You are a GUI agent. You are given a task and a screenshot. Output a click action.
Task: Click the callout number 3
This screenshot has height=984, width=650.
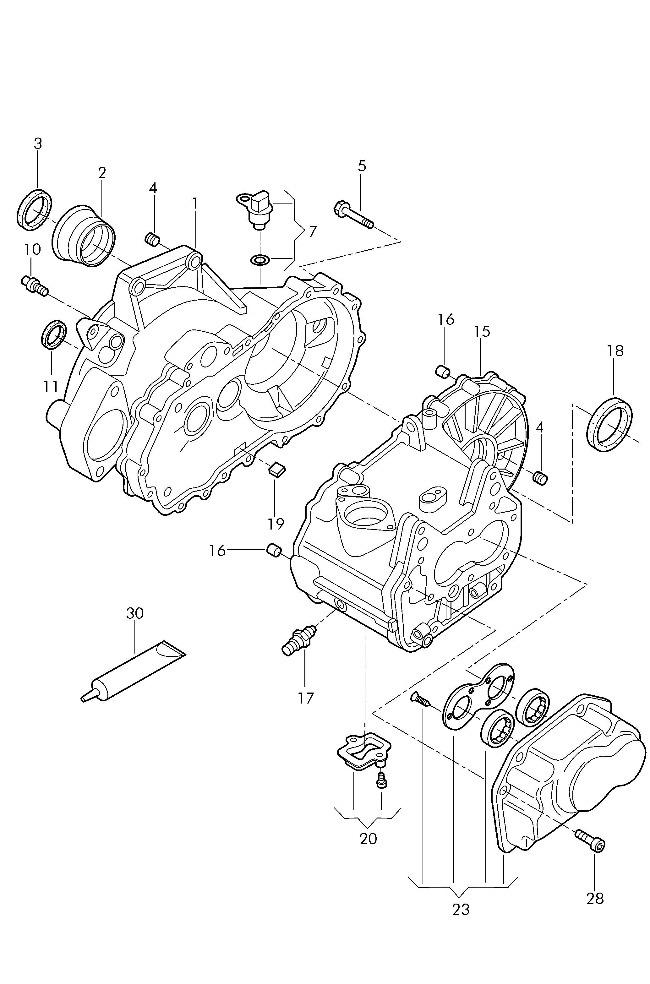38,144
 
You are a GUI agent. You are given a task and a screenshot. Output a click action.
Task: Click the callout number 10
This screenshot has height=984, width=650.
32,249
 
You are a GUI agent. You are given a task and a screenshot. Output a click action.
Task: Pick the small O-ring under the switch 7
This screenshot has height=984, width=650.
260,260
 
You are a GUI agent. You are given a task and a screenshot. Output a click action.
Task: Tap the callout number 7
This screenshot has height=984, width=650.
313,231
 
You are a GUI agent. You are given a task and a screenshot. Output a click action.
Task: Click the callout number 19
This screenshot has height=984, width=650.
276,524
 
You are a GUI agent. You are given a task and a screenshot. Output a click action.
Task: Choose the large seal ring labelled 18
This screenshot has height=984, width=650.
610,423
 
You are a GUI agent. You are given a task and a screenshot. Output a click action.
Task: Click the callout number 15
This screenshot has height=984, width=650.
482,331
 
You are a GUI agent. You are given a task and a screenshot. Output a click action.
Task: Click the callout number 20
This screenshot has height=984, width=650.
368,839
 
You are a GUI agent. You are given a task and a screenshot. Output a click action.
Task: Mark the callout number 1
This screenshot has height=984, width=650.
195,203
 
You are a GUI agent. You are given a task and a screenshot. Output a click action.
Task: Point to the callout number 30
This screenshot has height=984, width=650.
135,613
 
